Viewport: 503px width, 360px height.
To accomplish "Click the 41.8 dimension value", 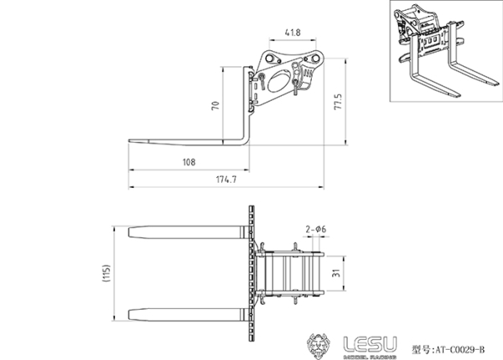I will click(x=293, y=33).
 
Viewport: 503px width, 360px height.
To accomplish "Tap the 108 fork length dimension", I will click(x=189, y=162).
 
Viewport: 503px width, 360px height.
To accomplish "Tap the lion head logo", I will click(x=321, y=344).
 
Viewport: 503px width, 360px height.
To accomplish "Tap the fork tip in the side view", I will click(x=132, y=141).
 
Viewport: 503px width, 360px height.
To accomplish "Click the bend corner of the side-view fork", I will click(x=246, y=140).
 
